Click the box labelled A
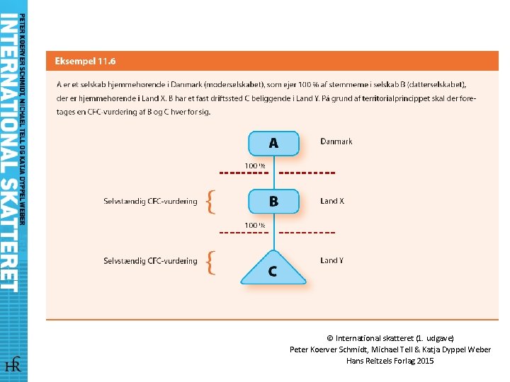[273, 144]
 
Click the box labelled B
[273, 202]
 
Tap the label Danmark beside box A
[336, 141]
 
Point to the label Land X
[332, 201]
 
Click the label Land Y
[332, 260]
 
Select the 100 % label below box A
[255, 166]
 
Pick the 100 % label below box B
[255, 226]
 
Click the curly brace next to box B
[210, 202]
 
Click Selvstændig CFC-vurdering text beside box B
[150, 202]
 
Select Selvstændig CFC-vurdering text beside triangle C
[150, 261]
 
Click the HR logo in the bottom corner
[13, 365]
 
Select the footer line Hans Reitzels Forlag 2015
[390, 361]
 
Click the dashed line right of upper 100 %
[307, 173]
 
